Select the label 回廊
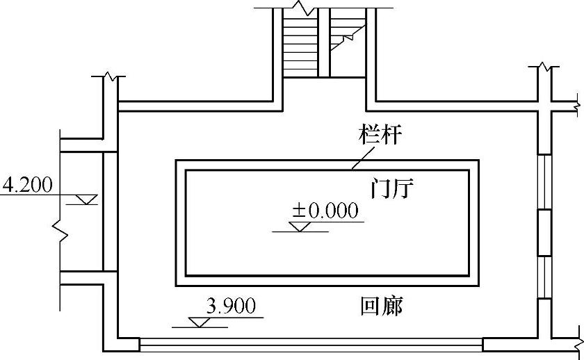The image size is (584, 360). click(382, 306)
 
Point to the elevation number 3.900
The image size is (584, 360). click(232, 306)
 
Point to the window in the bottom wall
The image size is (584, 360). click(311, 343)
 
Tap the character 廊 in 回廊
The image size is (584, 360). click(393, 306)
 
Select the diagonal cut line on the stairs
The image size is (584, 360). click(348, 35)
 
